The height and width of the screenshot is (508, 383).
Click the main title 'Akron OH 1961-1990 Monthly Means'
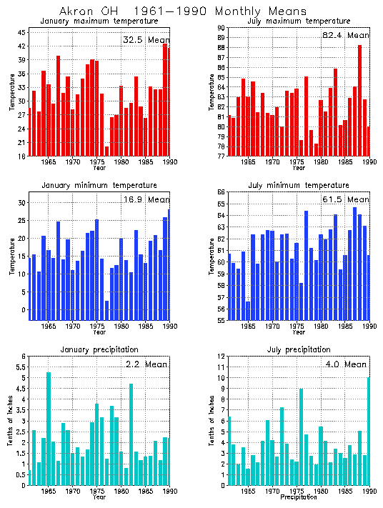point(182,11)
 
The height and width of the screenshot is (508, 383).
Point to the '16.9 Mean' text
point(145,200)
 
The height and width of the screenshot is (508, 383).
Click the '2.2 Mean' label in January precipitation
point(145,364)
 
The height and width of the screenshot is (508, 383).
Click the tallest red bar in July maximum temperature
point(359,100)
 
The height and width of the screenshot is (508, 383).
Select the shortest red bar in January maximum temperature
point(107,151)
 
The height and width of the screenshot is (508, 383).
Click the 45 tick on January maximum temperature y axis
point(22,33)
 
